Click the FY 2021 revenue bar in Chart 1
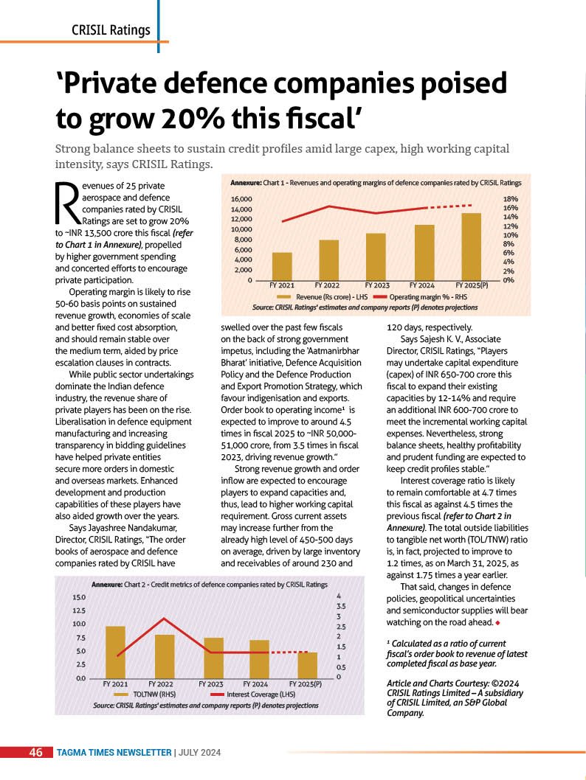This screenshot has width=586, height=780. coord(282,266)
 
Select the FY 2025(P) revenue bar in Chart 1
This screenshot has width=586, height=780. coord(471,247)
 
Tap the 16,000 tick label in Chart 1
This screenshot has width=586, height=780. coord(241,199)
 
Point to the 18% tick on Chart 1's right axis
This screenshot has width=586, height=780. coord(511,199)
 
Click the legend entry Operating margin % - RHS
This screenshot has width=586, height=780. coord(421,297)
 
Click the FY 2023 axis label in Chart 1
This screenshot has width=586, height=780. coord(377,285)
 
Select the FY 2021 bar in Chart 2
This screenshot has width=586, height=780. coord(116,652)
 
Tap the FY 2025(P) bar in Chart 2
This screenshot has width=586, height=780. coord(307,665)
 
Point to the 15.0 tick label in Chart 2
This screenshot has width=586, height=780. coord(80,597)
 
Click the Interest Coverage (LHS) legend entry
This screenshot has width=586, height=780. coord(253,694)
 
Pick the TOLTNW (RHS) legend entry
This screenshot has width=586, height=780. coord(145,694)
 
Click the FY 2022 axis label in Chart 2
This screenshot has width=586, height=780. coord(161,684)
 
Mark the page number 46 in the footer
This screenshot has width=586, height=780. coord(36,752)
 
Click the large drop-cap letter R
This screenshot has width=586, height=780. coord(67,203)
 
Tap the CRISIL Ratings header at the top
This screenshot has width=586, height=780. coord(111,30)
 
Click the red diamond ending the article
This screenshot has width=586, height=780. coord(499,623)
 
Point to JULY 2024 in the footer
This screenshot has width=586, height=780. coord(199,753)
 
